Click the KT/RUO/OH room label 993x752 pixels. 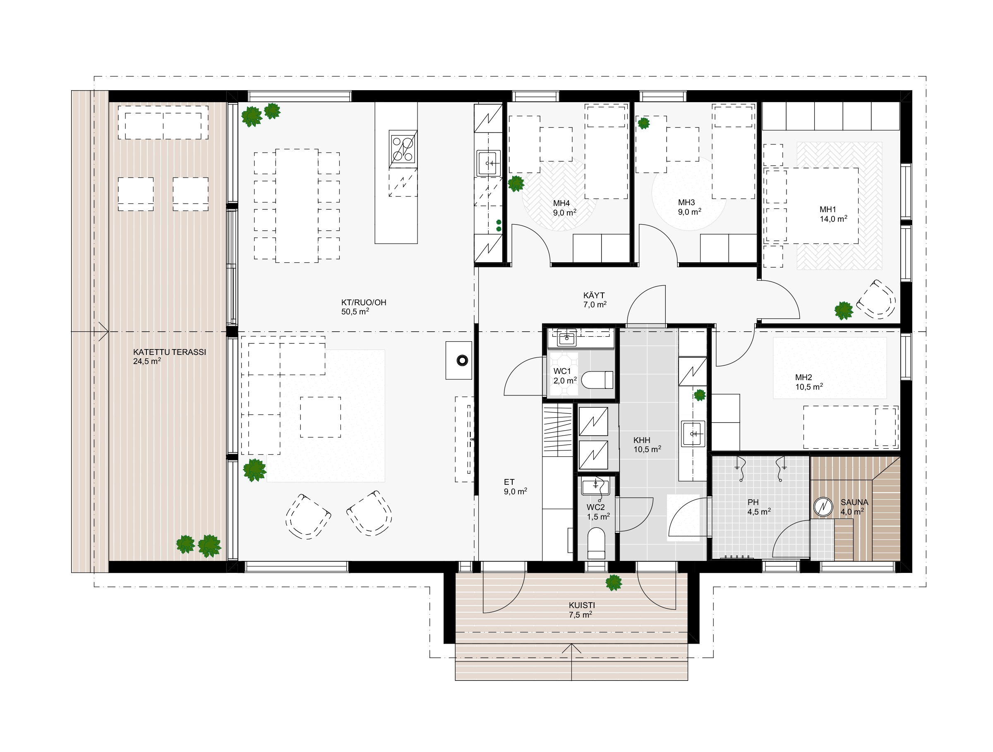tap(364, 302)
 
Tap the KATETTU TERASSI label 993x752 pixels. tap(170, 352)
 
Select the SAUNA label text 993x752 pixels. tap(854, 503)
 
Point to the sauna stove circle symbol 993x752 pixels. tap(823, 507)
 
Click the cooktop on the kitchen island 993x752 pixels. tap(403, 149)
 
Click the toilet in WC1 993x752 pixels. tap(597, 380)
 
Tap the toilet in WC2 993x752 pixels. tap(596, 543)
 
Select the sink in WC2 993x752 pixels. tap(596, 486)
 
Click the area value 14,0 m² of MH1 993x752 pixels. tap(834, 219)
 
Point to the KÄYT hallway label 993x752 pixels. tap(594, 295)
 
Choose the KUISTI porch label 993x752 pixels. tap(582, 605)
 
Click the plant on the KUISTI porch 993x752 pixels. tap(614, 583)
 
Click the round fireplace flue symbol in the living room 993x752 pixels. tap(462, 360)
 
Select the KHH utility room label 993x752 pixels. tap(641, 440)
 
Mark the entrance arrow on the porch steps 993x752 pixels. tap(571, 662)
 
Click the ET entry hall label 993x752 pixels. tap(509, 482)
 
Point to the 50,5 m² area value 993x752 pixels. tap(355, 311)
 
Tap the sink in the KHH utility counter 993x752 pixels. tap(693, 433)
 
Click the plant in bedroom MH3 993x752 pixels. tap(644, 123)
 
